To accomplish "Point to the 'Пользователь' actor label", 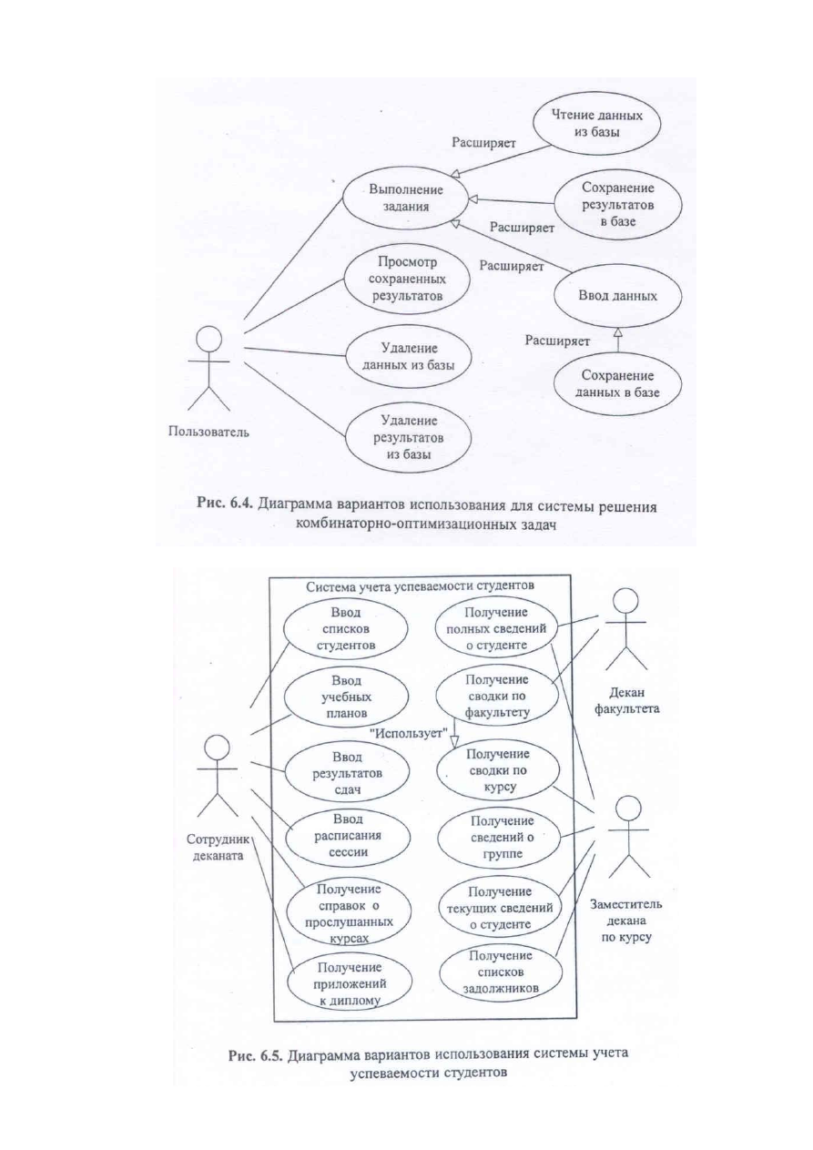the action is pyautogui.click(x=208, y=433).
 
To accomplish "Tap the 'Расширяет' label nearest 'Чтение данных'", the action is pyautogui.click(x=483, y=143).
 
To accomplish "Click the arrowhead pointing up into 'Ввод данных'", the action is pyautogui.click(x=618, y=332).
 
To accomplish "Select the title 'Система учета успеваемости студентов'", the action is pyautogui.click(x=420, y=585).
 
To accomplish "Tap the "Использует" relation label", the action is pyautogui.click(x=410, y=733).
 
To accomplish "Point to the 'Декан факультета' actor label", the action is pyautogui.click(x=626, y=701).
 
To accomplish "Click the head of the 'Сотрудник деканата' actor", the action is pyautogui.click(x=217, y=748).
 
